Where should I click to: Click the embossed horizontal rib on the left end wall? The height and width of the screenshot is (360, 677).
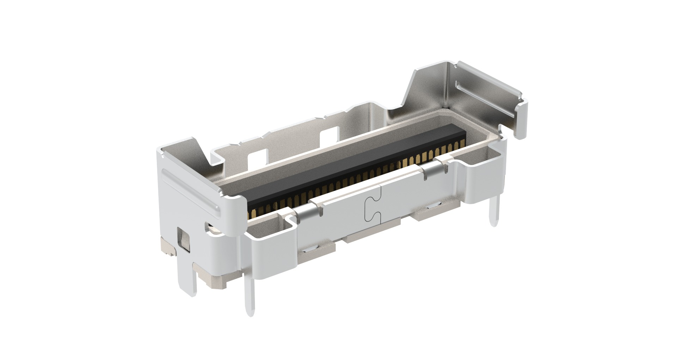[x=190, y=190]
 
